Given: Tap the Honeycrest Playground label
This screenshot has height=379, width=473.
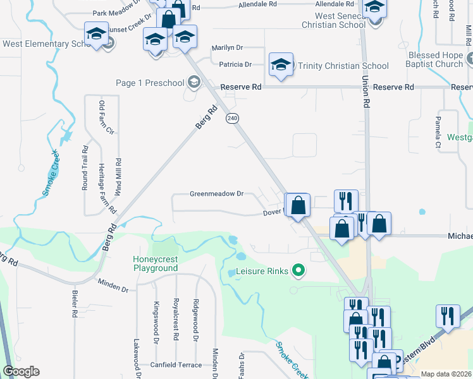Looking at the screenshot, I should click(x=155, y=263).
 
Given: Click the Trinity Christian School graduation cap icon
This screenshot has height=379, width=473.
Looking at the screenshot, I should click(x=281, y=65).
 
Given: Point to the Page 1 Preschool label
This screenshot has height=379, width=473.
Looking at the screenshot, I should click(x=150, y=83).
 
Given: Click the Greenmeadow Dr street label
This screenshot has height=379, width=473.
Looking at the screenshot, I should click(x=216, y=194).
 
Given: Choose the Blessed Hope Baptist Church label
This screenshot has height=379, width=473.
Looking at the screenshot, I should click(x=436, y=60).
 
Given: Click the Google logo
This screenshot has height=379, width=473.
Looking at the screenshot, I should click(x=21, y=371).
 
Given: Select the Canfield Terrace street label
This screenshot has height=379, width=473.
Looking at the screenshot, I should click(x=176, y=364).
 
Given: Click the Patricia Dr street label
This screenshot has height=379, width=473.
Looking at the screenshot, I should click(x=235, y=64).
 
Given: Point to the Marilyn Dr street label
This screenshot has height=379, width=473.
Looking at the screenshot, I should click(x=228, y=47).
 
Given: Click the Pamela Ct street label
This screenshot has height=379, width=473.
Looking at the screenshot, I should click(x=438, y=132).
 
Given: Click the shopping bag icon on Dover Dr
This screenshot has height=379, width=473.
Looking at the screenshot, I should click(x=298, y=205).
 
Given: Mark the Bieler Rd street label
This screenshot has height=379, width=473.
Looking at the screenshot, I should click(x=75, y=304).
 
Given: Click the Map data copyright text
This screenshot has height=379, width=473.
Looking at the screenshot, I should click(x=446, y=374).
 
